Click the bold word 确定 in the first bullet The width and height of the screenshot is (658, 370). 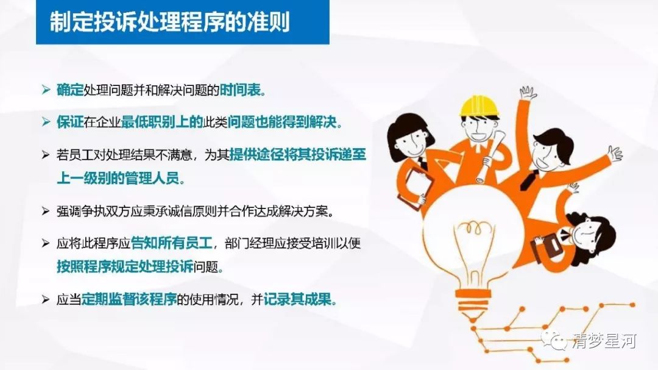(70, 90)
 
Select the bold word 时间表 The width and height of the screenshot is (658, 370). (241, 90)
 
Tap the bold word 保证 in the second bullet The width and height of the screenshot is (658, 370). (70, 122)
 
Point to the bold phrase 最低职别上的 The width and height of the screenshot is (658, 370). (162, 122)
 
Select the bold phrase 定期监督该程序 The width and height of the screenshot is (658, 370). (129, 299)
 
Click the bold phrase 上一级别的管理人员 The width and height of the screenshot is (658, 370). (118, 178)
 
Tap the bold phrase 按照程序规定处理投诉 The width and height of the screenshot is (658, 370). (125, 266)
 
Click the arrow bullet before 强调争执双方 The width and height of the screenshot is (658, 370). (46, 211)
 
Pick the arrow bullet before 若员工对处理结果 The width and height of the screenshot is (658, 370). (46, 155)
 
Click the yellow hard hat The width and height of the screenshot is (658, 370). (479, 106)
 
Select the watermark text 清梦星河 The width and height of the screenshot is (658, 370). (604, 341)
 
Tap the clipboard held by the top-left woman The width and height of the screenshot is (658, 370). (416, 185)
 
